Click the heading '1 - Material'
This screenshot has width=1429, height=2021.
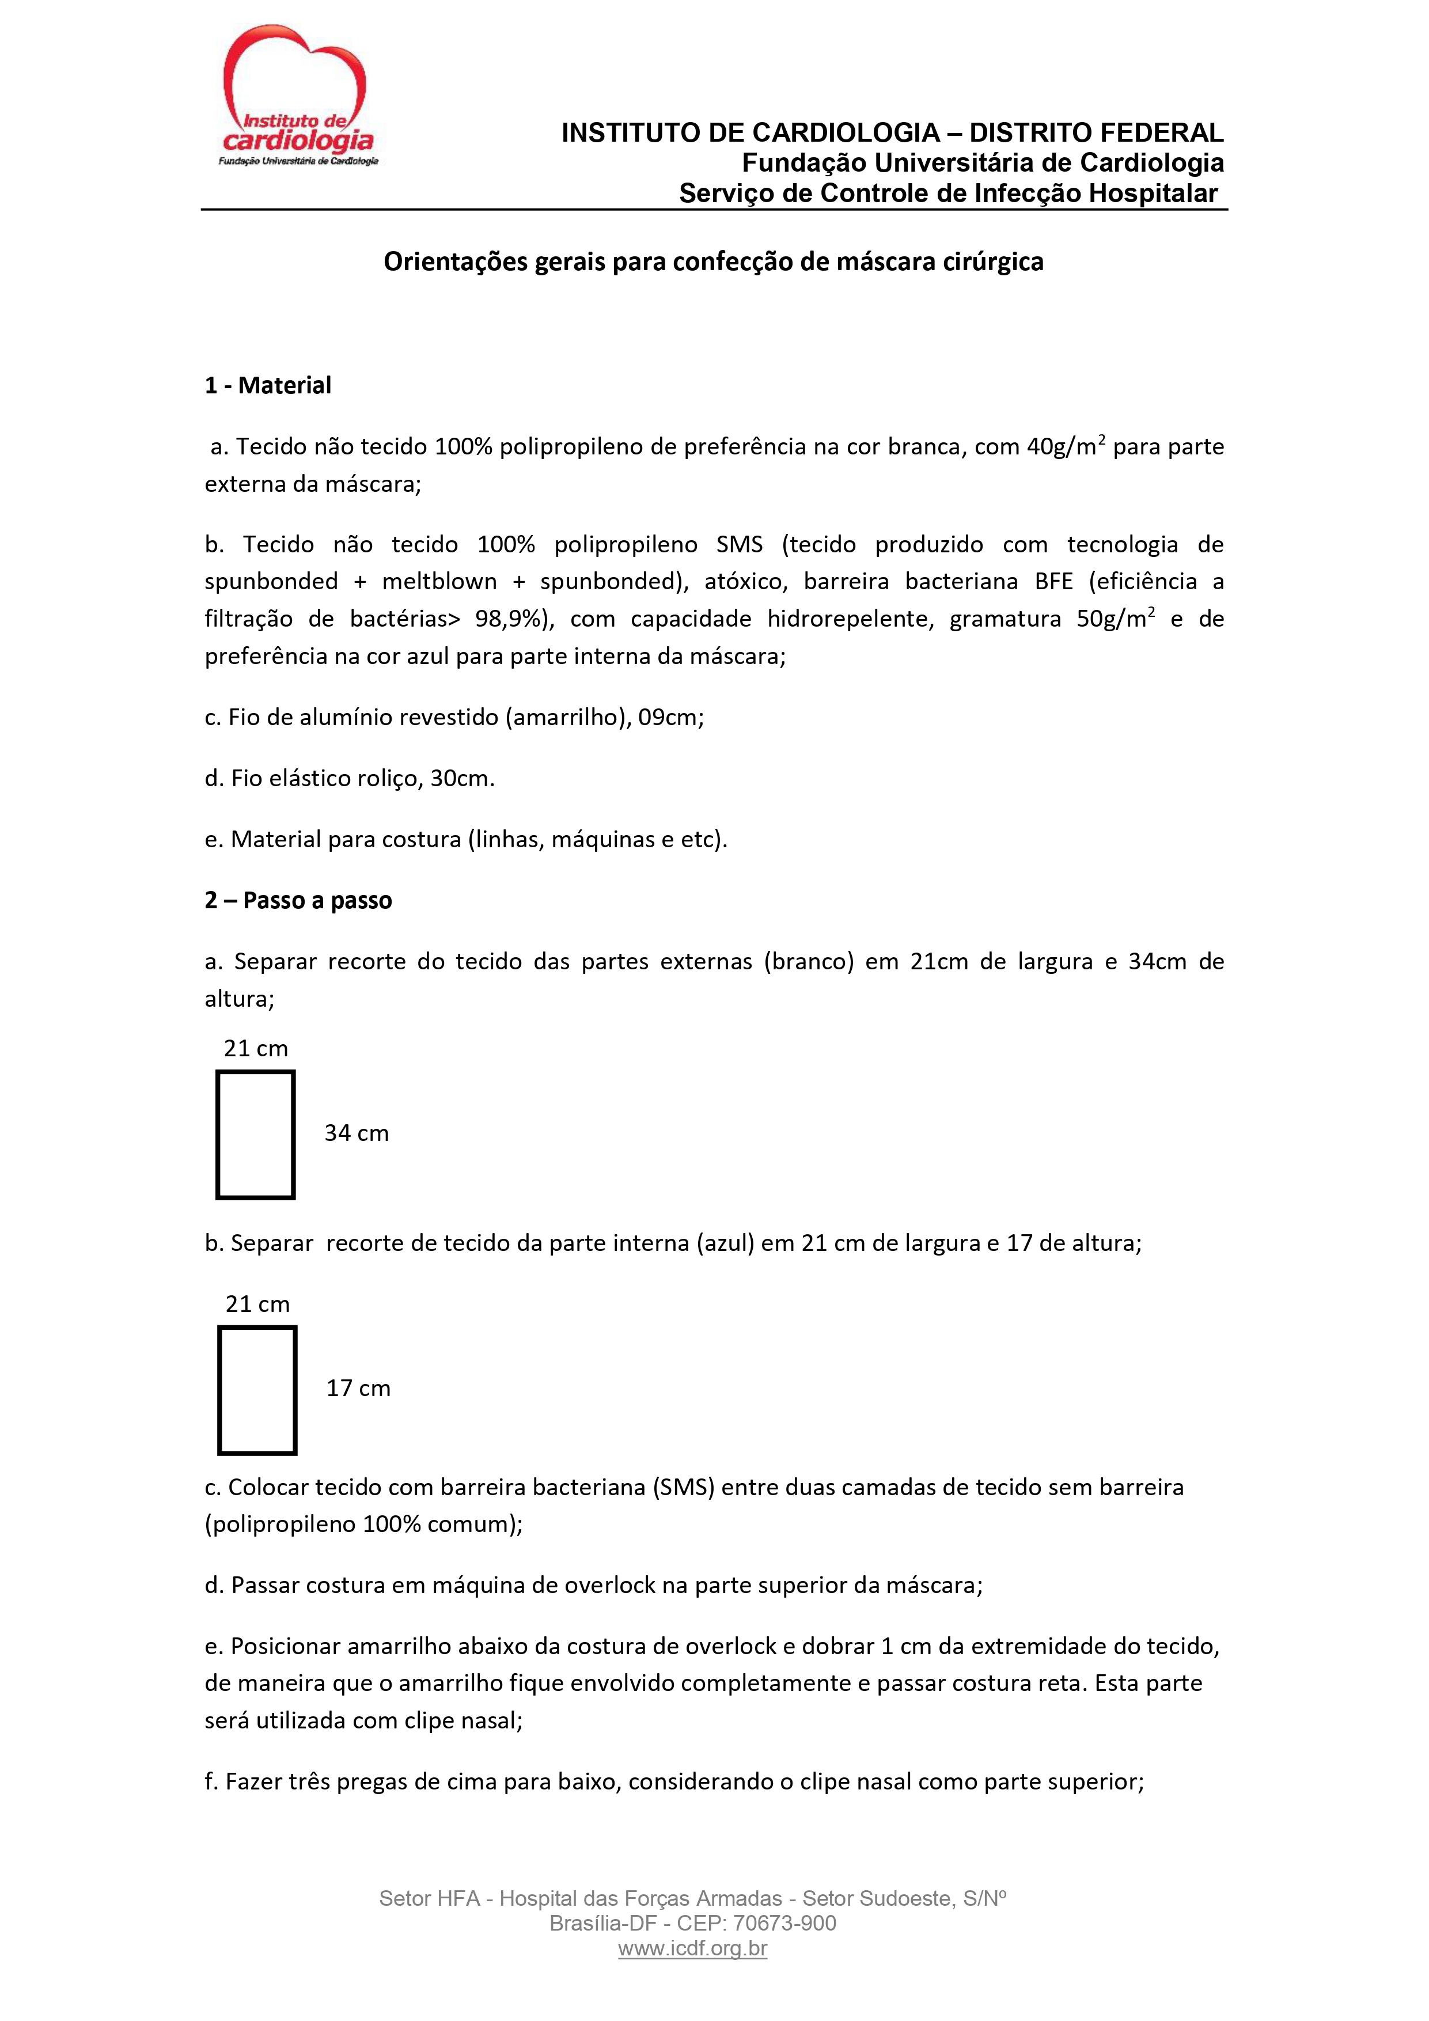pos(268,385)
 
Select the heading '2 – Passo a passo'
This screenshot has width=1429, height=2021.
pos(298,900)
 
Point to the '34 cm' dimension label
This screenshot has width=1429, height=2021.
pos(356,1133)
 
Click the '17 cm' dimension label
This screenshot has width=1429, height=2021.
pos(358,1388)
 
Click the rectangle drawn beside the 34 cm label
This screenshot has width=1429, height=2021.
pos(255,1135)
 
